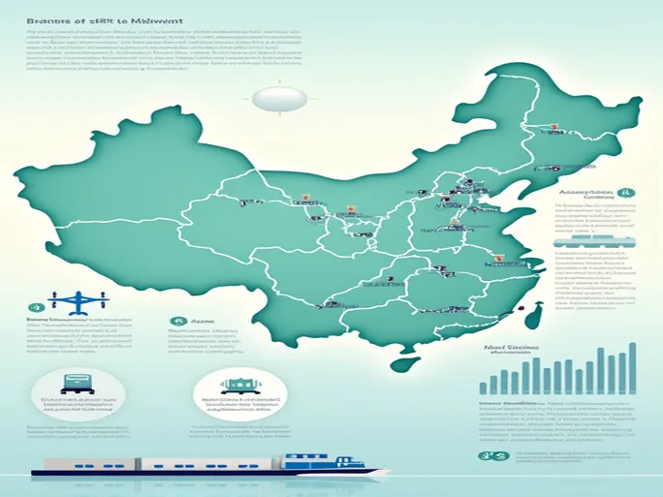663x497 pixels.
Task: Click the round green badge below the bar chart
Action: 488,456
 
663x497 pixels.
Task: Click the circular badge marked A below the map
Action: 176,323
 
